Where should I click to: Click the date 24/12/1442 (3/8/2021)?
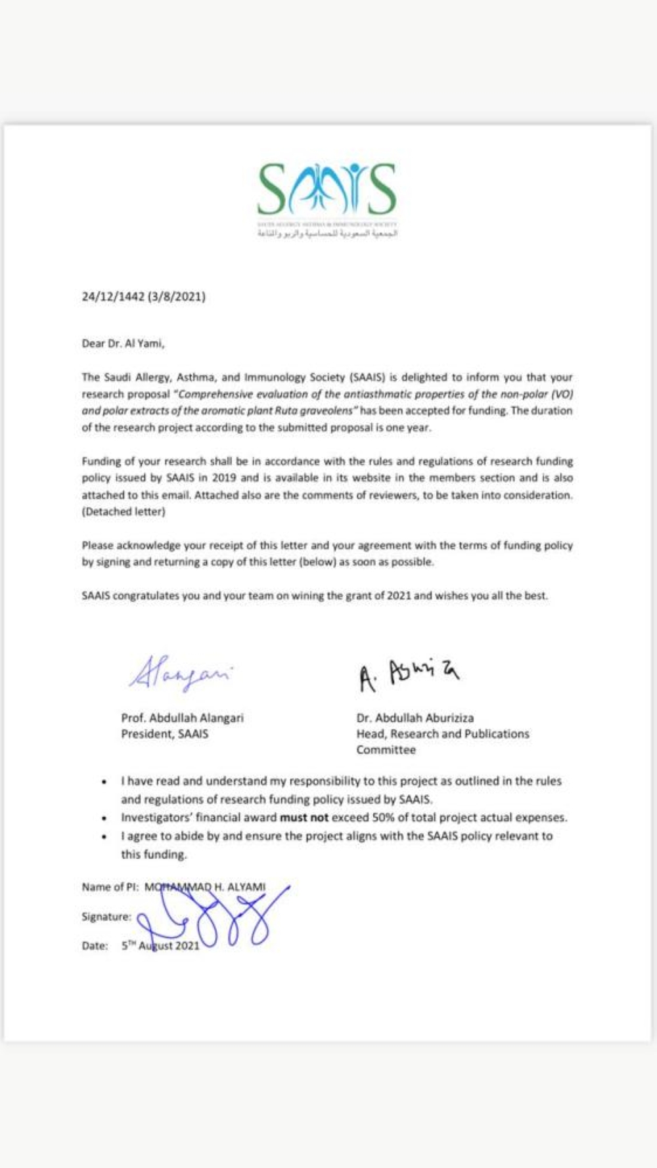(143, 297)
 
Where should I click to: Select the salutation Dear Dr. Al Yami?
(123, 343)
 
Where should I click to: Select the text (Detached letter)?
(124, 511)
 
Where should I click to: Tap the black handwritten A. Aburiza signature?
(408, 675)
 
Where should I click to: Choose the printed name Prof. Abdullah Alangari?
(182, 718)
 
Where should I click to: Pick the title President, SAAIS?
(164, 734)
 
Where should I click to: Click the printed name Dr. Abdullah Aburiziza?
(415, 718)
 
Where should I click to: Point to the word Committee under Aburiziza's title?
(386, 750)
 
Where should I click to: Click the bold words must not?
(304, 818)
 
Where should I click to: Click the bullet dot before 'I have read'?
(104, 782)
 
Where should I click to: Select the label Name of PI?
(110, 887)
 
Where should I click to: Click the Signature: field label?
(106, 917)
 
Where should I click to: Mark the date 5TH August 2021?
(160, 946)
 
